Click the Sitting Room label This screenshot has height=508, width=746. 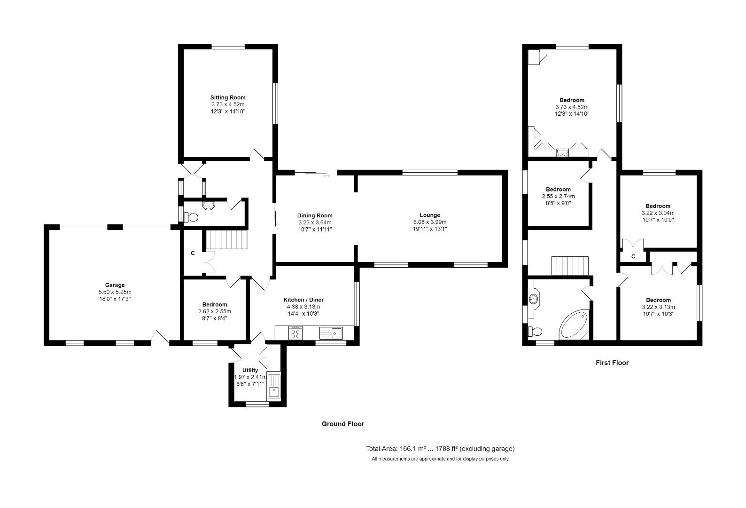pos(228,98)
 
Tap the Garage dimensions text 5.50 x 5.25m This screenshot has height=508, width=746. pos(115,292)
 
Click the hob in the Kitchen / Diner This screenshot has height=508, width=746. pos(295,333)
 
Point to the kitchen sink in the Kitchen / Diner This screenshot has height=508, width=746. pos(332,333)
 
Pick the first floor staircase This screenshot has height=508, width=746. pos(570,266)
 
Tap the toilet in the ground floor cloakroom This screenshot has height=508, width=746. pos(191,217)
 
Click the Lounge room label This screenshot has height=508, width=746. pos(430,215)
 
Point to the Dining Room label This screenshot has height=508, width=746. pos(315,215)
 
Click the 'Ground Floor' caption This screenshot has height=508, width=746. pos(342,424)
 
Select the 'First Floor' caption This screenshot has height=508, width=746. pos(612,363)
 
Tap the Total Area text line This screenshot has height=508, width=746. pos(440,449)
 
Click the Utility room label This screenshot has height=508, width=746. pos(250,370)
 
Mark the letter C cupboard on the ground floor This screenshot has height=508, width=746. pos(193,254)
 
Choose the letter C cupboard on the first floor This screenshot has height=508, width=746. pos(633,257)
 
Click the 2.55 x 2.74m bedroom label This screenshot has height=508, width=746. pos(558,190)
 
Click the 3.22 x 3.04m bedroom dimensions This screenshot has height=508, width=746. pos(658,213)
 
